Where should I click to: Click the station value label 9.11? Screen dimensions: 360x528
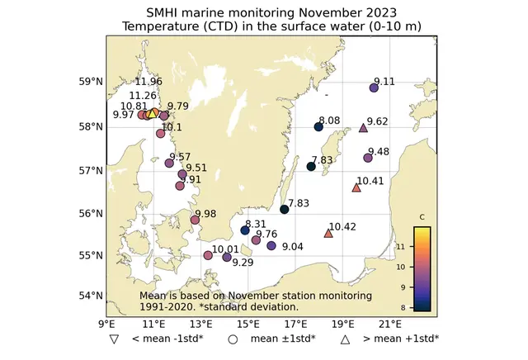point(384,81)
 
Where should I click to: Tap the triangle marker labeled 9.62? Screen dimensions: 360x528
point(364,128)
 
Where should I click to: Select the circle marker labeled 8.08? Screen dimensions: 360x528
point(318,126)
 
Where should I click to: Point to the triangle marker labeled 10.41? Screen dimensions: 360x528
point(356,187)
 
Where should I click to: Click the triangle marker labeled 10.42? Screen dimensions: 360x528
point(328,234)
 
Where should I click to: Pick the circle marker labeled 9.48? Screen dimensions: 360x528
point(368,158)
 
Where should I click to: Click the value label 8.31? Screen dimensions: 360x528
point(256,224)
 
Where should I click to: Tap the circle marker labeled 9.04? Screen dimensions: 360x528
point(271,245)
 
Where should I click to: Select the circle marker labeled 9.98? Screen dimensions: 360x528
point(196,220)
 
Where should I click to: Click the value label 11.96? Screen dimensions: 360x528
point(148,81)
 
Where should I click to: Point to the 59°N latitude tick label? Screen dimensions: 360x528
point(89,82)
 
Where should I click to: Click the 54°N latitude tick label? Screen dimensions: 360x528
point(89,296)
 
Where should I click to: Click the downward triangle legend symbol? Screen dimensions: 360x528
point(112,339)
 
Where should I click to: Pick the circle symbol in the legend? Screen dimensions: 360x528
point(233,339)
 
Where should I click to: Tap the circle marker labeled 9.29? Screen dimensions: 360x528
point(227,257)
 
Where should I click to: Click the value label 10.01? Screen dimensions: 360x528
point(225,249)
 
